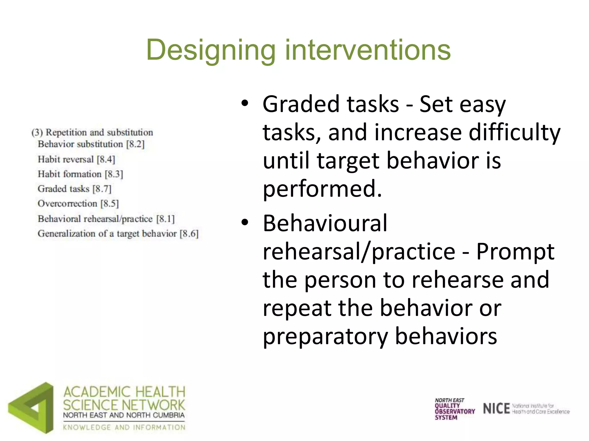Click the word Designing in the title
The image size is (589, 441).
[211, 51]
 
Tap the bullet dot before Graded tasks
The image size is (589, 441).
[245, 104]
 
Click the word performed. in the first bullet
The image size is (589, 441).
[322, 189]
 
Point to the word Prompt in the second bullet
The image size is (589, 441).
[515, 252]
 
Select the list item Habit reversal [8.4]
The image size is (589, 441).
[76, 159]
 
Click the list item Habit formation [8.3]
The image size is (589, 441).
[80, 174]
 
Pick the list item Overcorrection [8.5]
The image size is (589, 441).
[78, 204]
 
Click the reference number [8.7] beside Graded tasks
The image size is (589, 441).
[102, 189]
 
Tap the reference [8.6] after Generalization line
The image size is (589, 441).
[189, 234]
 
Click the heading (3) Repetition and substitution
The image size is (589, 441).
[92, 132]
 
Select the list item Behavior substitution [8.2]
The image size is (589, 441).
[91, 144]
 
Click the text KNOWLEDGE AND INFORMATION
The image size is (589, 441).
[124, 427]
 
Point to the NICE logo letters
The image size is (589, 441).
[496, 409]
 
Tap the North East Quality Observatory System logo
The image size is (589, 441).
[454, 409]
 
